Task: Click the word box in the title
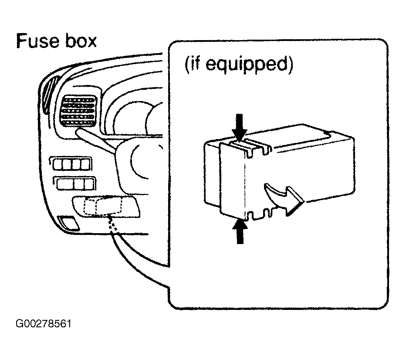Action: click(x=81, y=41)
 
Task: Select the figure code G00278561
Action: click(x=43, y=323)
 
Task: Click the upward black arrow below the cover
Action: click(x=240, y=231)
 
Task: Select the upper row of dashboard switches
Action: click(x=71, y=164)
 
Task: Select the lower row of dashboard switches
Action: click(x=74, y=183)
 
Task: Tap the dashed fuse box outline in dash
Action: click(x=104, y=205)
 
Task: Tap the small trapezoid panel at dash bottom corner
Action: click(x=68, y=222)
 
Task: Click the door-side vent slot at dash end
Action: click(x=50, y=95)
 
